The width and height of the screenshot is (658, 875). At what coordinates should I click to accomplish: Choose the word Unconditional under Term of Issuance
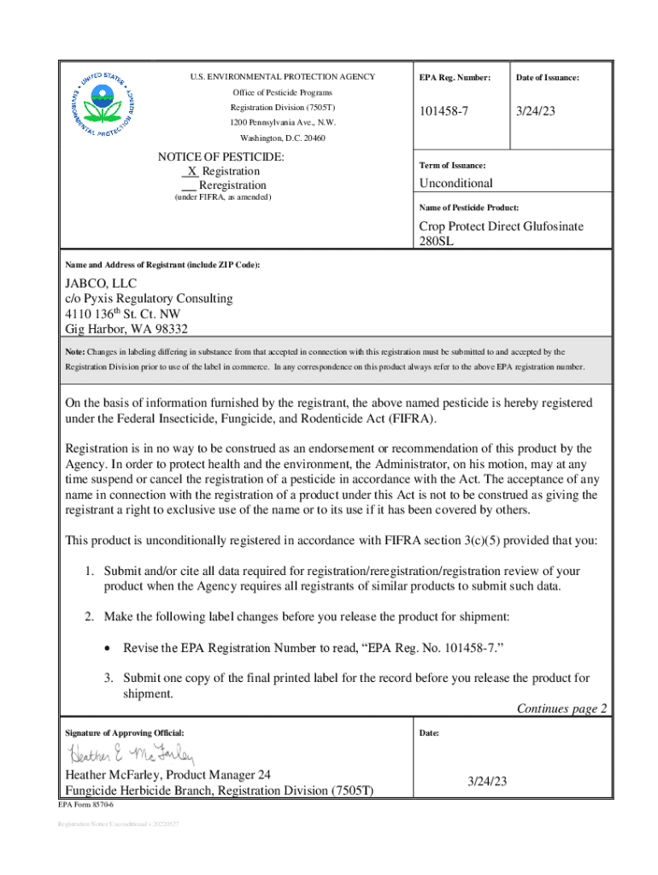455,184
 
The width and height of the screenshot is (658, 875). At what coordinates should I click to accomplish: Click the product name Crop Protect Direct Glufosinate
501,226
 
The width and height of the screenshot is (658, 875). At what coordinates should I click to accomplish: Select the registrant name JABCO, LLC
101,284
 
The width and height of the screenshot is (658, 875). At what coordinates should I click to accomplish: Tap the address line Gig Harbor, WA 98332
126,329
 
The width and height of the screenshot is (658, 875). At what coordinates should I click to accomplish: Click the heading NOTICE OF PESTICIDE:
221,157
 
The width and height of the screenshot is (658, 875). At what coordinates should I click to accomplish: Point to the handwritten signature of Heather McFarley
132,755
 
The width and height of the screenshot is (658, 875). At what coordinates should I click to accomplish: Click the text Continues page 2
561,708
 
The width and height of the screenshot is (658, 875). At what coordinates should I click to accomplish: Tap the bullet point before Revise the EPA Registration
107,649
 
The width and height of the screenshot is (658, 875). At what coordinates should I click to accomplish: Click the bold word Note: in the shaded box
75,351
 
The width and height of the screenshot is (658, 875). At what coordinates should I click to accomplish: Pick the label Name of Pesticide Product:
469,208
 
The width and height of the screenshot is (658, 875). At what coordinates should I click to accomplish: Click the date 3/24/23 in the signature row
487,781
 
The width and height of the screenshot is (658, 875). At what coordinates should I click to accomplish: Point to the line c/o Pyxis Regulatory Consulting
149,298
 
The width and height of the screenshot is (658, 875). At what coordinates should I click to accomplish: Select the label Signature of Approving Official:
125,733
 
